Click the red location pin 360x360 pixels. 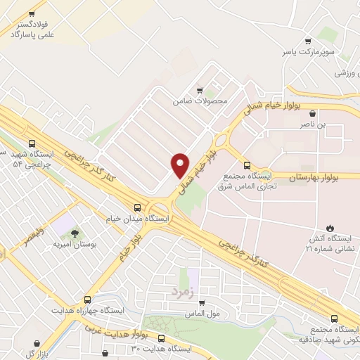point(181,165)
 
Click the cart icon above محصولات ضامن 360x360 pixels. point(200,90)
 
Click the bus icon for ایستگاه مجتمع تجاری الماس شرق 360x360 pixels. point(245,165)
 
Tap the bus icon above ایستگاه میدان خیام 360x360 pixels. point(138,207)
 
